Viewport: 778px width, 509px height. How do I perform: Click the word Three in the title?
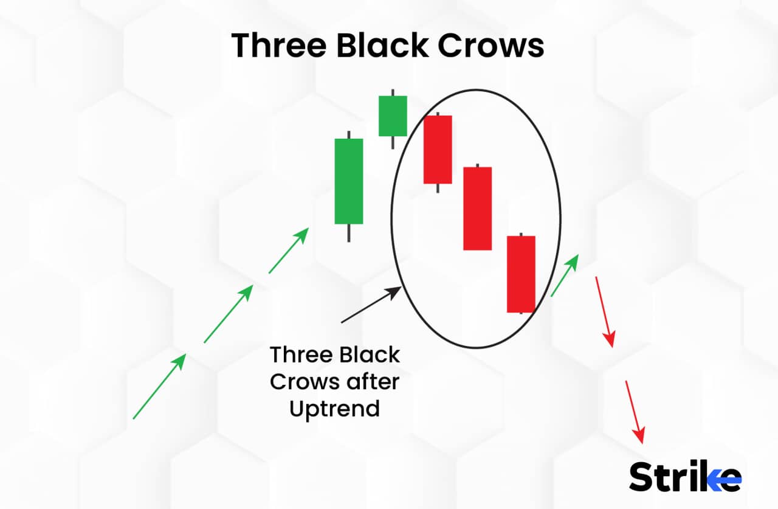[x=279, y=46]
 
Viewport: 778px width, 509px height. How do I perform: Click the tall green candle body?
[x=349, y=181]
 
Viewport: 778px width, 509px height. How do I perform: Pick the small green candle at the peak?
[x=393, y=116]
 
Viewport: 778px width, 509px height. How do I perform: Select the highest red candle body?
[x=438, y=149]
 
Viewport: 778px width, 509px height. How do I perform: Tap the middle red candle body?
[x=477, y=208]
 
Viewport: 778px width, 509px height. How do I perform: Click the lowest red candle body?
[x=521, y=274]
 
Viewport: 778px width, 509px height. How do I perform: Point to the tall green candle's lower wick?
[x=349, y=233]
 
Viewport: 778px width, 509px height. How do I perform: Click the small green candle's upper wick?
[x=393, y=92]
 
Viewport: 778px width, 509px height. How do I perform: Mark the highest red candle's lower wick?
[x=438, y=188]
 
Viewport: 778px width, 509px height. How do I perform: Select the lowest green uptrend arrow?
[x=159, y=387]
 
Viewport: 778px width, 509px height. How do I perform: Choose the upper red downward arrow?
[x=605, y=311]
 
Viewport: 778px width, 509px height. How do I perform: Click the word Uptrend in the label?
[x=334, y=409]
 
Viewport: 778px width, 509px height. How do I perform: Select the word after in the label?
[x=371, y=382]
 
